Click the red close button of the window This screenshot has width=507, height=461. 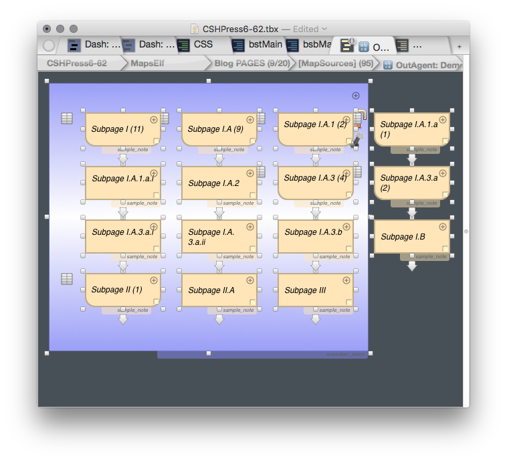click(47, 29)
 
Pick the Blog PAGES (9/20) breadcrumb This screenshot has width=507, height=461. click(251, 64)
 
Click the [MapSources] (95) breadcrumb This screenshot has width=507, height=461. click(335, 64)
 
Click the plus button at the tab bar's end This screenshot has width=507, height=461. click(459, 46)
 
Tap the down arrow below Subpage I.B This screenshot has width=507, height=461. click(412, 266)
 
